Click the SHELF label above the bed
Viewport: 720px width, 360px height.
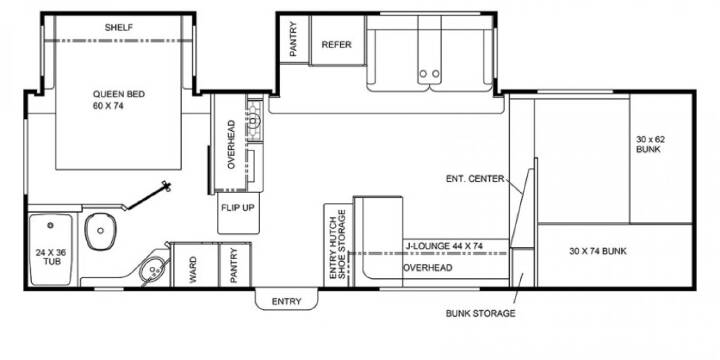point(118,28)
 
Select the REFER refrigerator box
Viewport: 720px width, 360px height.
point(337,40)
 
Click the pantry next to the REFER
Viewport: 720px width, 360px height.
point(294,40)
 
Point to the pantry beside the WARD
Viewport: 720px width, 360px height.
point(235,265)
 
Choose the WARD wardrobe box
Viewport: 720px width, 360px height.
point(194,265)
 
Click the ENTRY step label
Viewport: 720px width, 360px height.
point(287,302)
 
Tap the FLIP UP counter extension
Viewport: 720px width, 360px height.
point(238,213)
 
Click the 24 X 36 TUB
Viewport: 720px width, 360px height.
point(51,249)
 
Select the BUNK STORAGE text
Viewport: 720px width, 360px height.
point(480,314)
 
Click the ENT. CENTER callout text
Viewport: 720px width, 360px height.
point(475,179)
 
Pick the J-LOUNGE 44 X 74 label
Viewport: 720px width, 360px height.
point(444,247)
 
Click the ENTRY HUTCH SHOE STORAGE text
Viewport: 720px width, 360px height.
point(338,244)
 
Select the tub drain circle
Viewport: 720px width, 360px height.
point(51,225)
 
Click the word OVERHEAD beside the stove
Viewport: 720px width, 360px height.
point(231,144)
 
